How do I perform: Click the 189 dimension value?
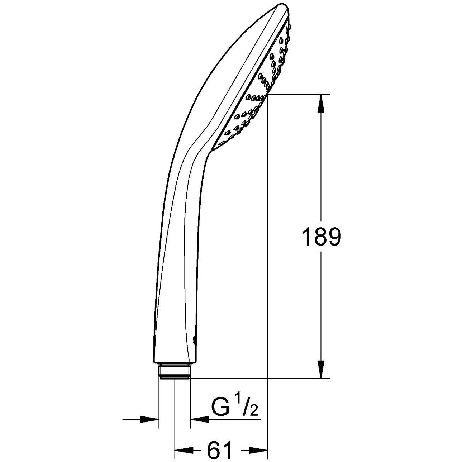pos(321,237)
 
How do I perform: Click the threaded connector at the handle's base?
pos(175,371)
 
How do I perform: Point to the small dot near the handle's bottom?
pos(194,339)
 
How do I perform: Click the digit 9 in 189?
pos(332,237)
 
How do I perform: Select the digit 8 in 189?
pos(320,237)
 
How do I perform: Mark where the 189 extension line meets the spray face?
pos(267,94)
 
